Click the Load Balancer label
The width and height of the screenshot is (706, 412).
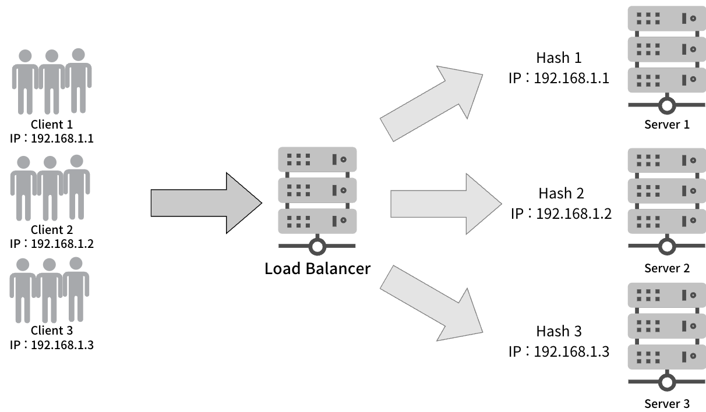point(317,269)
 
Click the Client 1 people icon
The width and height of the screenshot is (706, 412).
point(52,81)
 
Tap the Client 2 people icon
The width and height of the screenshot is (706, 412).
point(50,187)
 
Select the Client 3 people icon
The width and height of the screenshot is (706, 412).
point(50,289)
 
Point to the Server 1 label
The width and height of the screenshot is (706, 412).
point(667,125)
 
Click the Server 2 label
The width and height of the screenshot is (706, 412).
point(667,268)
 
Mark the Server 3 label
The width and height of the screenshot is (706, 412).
point(667,403)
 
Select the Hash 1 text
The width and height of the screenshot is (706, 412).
point(559,58)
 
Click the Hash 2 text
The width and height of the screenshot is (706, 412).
point(561,193)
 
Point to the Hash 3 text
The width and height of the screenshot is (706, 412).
point(559,331)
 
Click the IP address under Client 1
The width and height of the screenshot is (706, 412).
point(52,139)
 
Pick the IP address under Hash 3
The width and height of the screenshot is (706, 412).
point(559,351)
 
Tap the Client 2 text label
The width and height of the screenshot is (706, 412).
point(52,229)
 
